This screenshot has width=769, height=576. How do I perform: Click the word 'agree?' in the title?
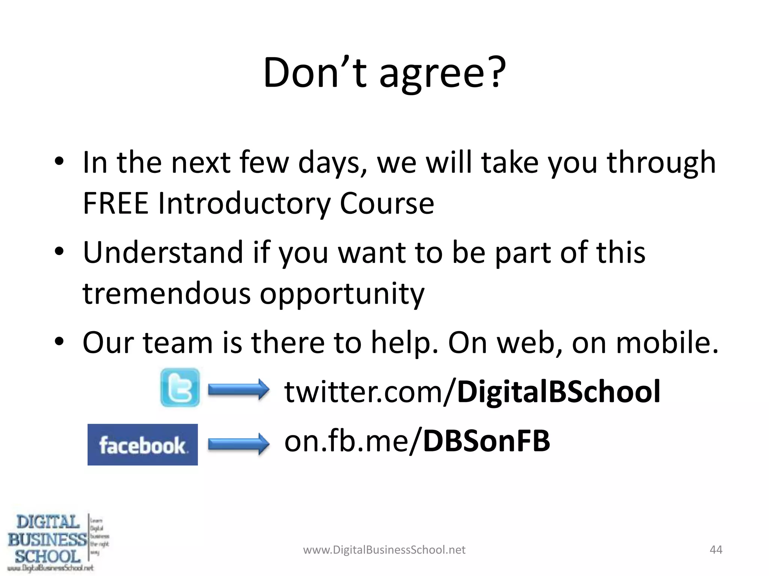tap(443, 73)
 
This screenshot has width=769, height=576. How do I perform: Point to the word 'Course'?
tap(387, 203)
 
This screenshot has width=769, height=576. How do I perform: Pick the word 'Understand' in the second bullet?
tap(163, 252)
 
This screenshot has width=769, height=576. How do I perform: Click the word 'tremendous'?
tap(166, 293)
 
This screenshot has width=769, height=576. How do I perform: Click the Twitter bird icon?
tap(180, 388)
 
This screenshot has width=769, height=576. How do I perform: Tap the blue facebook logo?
tap(143, 445)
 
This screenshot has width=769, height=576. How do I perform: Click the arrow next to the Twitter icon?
tap(239, 389)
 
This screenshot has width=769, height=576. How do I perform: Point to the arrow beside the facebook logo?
tap(239, 444)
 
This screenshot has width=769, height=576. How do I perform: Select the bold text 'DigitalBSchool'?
tap(558, 391)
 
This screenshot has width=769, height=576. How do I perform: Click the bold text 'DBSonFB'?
tap(486, 441)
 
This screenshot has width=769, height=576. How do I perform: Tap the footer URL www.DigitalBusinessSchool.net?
tap(384, 550)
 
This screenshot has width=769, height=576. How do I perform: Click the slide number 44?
tap(716, 550)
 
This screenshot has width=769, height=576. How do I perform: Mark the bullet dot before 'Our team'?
tap(59, 341)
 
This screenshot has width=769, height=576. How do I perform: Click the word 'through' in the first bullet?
tap(661, 163)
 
